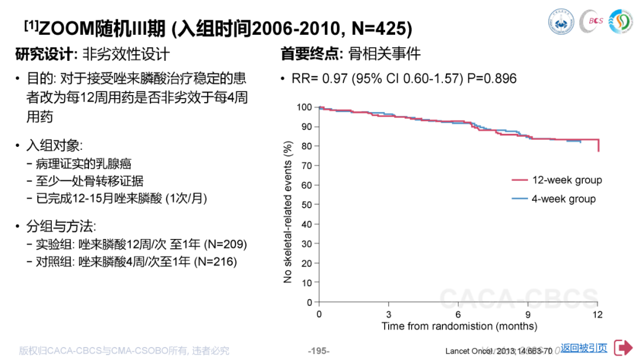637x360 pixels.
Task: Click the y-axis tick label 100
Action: click(x=304, y=107)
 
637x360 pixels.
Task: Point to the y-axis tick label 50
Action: click(x=306, y=204)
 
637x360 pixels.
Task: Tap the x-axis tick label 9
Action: click(x=528, y=313)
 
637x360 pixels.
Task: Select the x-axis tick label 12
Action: click(x=598, y=313)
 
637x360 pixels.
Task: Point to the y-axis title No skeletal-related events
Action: click(x=288, y=212)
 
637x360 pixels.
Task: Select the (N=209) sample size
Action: click(x=225, y=244)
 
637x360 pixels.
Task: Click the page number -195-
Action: click(x=318, y=351)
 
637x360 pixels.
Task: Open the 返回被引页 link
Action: click(x=584, y=348)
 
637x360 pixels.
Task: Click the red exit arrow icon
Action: click(x=623, y=348)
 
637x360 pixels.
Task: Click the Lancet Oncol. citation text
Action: click(x=498, y=351)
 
